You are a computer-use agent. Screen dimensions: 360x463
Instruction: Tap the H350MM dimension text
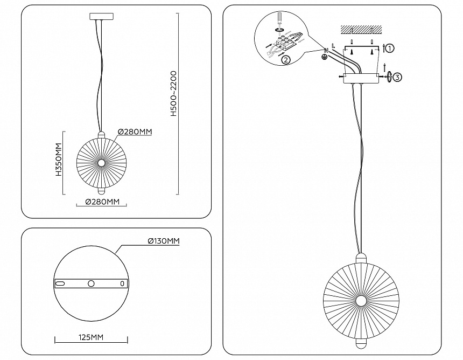58,161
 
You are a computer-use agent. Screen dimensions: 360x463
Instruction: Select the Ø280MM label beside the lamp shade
135,131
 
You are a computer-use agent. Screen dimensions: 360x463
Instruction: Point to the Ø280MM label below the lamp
102,202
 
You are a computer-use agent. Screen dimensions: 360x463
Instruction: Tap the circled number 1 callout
390,48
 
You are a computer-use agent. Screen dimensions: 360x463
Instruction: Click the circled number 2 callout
286,60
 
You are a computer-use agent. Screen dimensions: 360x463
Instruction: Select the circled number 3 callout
397,77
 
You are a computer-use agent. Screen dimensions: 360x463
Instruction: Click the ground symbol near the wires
325,56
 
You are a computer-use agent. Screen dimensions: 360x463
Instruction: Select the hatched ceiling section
360,28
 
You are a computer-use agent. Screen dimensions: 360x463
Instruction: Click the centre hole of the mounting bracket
91,283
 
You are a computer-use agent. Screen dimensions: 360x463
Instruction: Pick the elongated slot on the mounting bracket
60,283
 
